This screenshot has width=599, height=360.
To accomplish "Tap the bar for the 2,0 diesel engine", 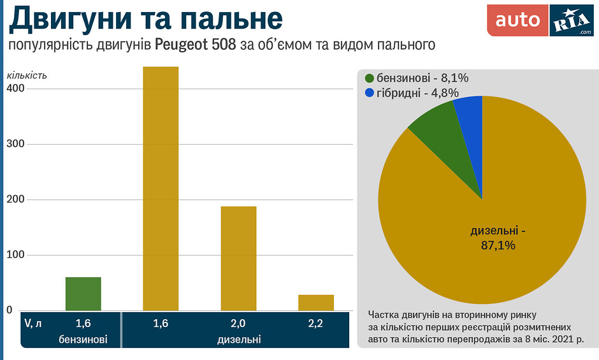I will click(x=238, y=258).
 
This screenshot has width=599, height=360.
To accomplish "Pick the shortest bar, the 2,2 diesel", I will click(x=316, y=303).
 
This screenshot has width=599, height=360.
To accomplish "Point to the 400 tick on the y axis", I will click(x=16, y=89).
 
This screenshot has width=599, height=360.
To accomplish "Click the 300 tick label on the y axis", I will click(x=16, y=144).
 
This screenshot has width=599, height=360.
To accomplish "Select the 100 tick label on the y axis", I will click(x=16, y=256).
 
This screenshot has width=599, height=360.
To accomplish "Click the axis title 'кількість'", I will click(x=27, y=75).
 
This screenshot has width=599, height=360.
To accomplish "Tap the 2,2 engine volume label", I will click(x=316, y=324).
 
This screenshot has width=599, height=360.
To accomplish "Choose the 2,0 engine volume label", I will click(x=238, y=324).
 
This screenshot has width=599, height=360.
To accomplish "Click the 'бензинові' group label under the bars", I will click(x=83, y=339).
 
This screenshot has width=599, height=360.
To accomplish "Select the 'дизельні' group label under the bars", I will click(x=238, y=339).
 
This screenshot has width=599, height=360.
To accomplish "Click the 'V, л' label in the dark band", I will click(x=33, y=324).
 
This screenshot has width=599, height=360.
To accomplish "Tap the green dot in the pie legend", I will click(x=370, y=78).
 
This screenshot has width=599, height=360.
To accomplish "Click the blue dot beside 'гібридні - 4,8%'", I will click(x=370, y=93).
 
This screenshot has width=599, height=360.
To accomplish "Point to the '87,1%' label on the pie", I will click(x=498, y=245).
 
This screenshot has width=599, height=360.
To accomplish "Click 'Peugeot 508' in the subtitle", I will click(x=196, y=45).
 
